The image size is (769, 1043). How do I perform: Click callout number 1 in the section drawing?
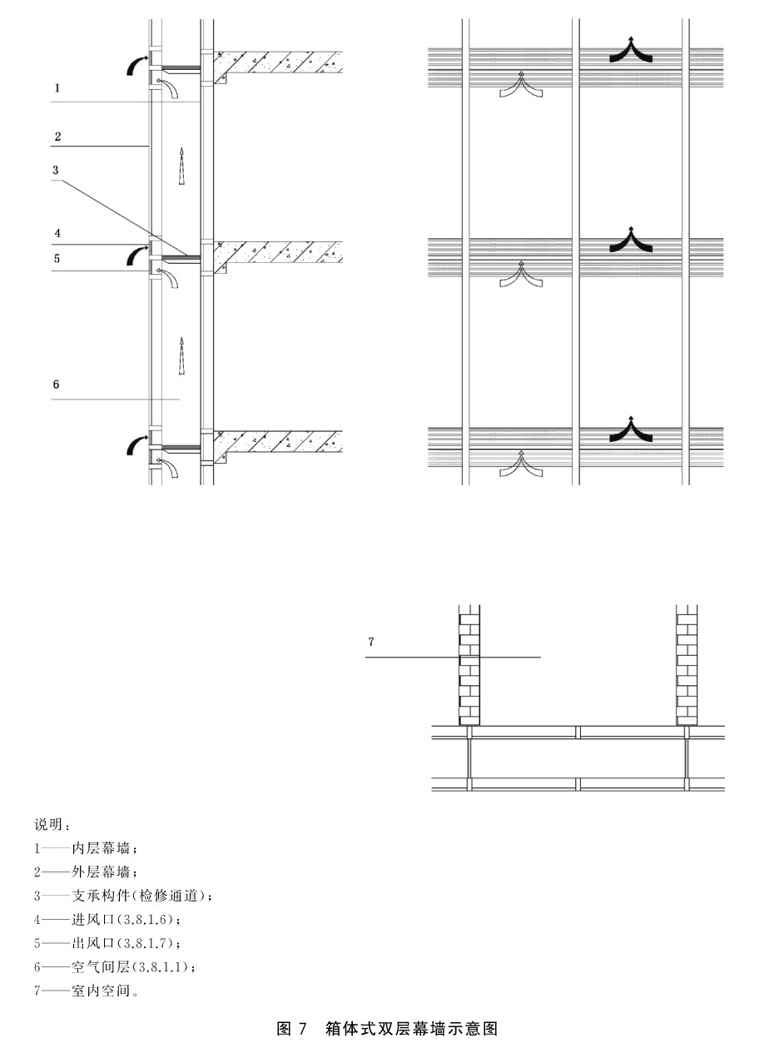click(x=57, y=87)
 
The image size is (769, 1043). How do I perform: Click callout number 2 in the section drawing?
click(x=57, y=137)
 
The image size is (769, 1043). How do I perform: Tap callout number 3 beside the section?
click(x=56, y=170)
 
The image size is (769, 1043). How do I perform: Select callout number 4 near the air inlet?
click(x=57, y=233)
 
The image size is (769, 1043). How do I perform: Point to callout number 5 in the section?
click(x=57, y=258)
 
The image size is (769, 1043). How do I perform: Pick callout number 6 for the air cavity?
click(x=56, y=384)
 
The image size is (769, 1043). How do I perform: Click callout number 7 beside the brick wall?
click(x=371, y=642)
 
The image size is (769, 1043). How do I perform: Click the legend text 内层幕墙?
click(x=101, y=848)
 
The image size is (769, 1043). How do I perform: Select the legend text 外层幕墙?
click(x=101, y=872)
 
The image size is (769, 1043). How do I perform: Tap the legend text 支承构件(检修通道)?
click(x=139, y=896)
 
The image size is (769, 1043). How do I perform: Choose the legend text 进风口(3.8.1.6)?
click(x=122, y=919)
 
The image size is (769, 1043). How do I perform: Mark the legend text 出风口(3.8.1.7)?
click(x=122, y=943)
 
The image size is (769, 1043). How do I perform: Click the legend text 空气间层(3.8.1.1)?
click(x=130, y=966)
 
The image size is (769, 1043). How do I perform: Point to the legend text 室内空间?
click(x=101, y=991)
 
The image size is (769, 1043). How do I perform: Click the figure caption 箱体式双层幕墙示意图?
click(x=411, y=1029)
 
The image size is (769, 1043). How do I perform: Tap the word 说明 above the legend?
click(x=48, y=825)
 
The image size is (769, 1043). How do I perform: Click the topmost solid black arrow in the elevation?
click(x=631, y=48)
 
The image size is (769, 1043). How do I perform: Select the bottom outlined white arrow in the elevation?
click(x=521, y=464)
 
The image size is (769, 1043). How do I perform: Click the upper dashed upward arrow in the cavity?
click(x=182, y=166)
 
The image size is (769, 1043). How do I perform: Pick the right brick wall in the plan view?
click(x=687, y=665)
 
